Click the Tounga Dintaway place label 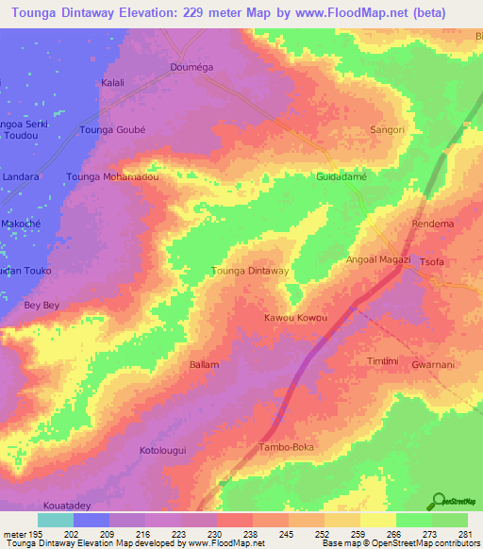click(x=250, y=272)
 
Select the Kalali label click(x=112, y=83)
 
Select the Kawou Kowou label click(x=295, y=318)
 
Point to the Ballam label click(x=205, y=364)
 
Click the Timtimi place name click(x=383, y=362)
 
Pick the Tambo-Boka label click(x=286, y=446)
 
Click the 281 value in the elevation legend click(x=462, y=534)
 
